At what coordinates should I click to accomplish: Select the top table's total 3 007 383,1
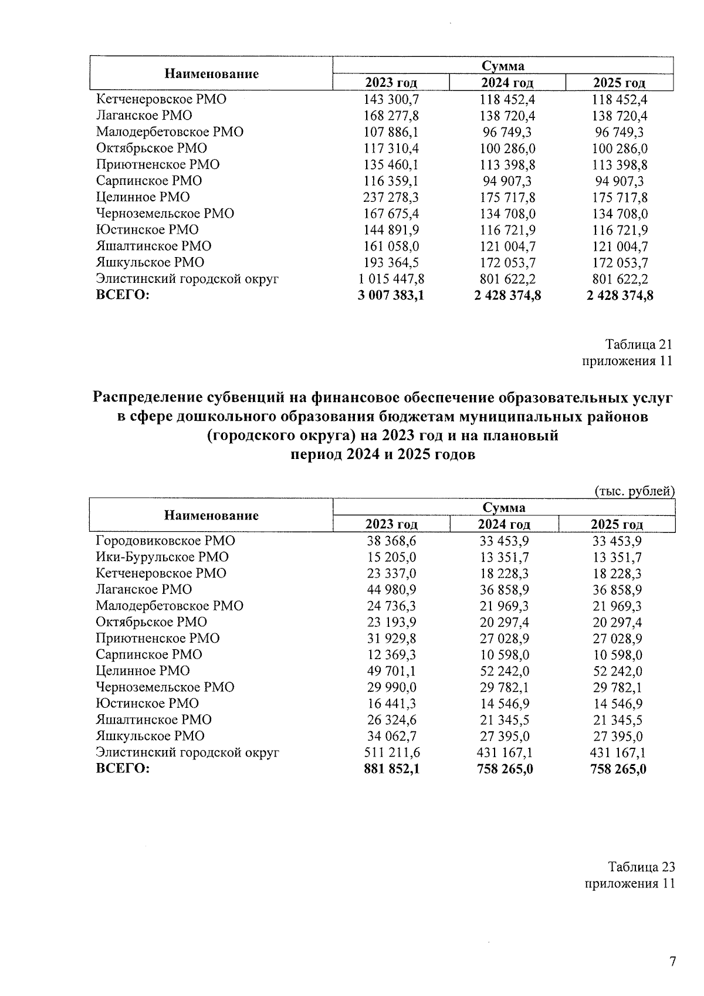click(391, 295)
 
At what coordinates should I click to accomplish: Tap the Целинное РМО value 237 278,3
click(391, 197)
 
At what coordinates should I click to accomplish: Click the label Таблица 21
click(638, 345)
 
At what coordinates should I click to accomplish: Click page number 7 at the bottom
click(673, 961)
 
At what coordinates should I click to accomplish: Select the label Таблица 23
click(641, 867)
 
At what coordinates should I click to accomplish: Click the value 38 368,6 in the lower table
click(391, 541)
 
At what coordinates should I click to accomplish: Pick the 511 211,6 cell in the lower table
click(391, 752)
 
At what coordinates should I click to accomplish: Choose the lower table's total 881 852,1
click(391, 769)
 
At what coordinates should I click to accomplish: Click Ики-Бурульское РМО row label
click(162, 557)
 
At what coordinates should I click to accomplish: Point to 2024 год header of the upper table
click(507, 83)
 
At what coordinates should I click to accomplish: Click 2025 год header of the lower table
click(617, 525)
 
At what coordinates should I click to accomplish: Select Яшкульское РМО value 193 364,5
click(391, 262)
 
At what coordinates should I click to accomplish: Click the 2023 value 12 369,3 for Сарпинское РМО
click(391, 654)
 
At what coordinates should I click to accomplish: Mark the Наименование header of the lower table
click(211, 516)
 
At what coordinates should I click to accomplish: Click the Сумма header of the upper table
click(503, 66)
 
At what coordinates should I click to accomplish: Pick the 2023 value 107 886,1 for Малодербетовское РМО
click(391, 132)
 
